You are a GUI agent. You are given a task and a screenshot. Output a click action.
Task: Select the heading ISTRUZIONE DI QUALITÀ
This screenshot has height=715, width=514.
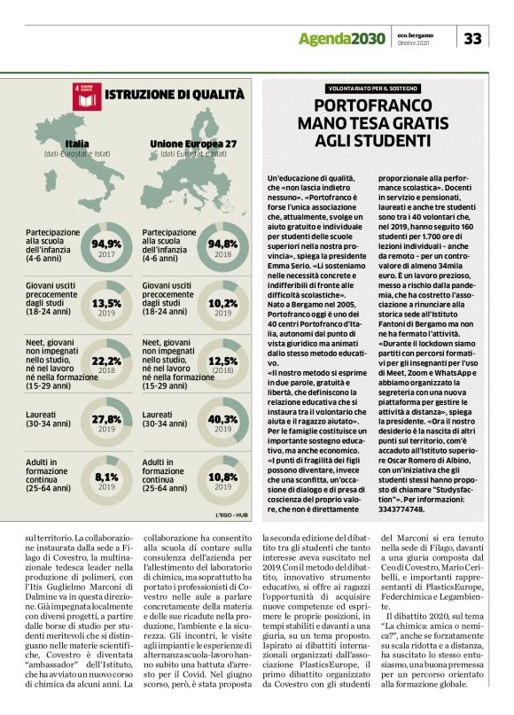click(174, 95)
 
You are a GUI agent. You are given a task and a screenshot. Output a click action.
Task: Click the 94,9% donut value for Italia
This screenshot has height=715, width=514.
click(106, 244)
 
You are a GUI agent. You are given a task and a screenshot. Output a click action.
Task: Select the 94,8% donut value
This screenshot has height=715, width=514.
click(222, 244)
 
